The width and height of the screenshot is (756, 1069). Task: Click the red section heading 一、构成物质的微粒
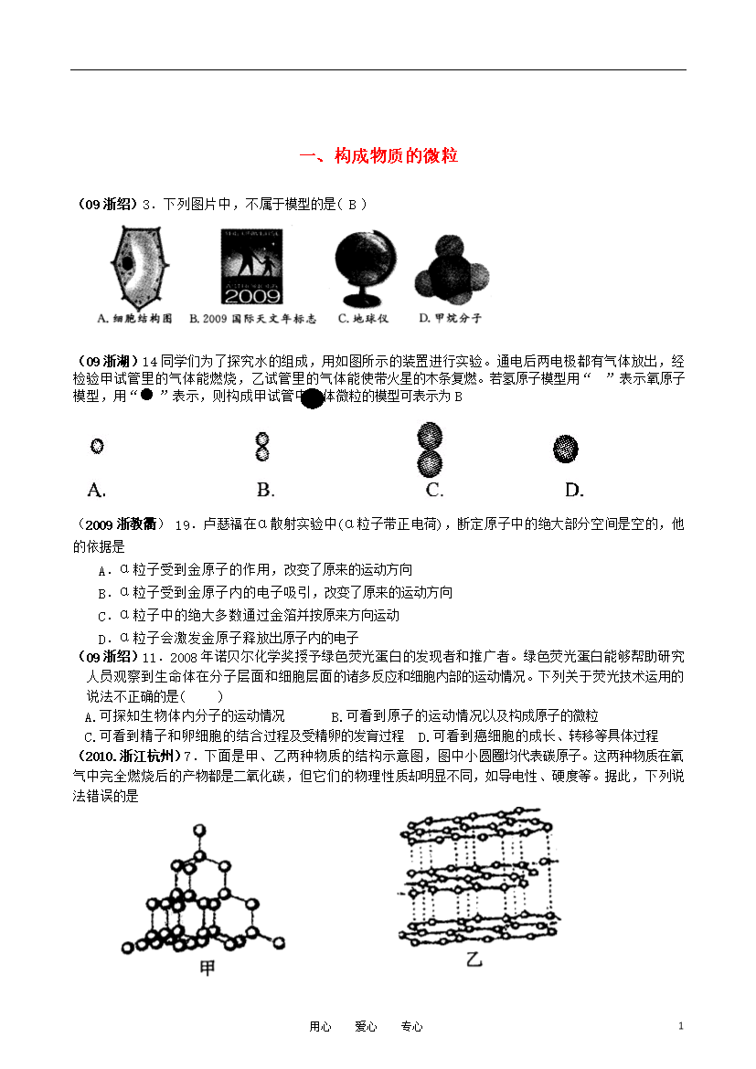click(x=378, y=156)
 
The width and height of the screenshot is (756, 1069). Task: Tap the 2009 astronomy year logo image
click(x=250, y=266)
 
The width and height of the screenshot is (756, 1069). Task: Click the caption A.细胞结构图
click(x=134, y=319)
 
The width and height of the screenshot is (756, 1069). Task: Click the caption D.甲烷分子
click(x=450, y=319)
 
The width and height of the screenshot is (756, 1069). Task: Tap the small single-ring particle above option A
click(x=97, y=446)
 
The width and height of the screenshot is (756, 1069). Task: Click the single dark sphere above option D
click(x=566, y=448)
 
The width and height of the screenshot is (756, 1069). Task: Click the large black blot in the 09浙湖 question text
click(x=312, y=398)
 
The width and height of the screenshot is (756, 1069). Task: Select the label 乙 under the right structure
click(x=473, y=959)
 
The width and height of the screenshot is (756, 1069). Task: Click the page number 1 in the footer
click(x=681, y=1026)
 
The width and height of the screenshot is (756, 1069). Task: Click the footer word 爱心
click(x=366, y=1027)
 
